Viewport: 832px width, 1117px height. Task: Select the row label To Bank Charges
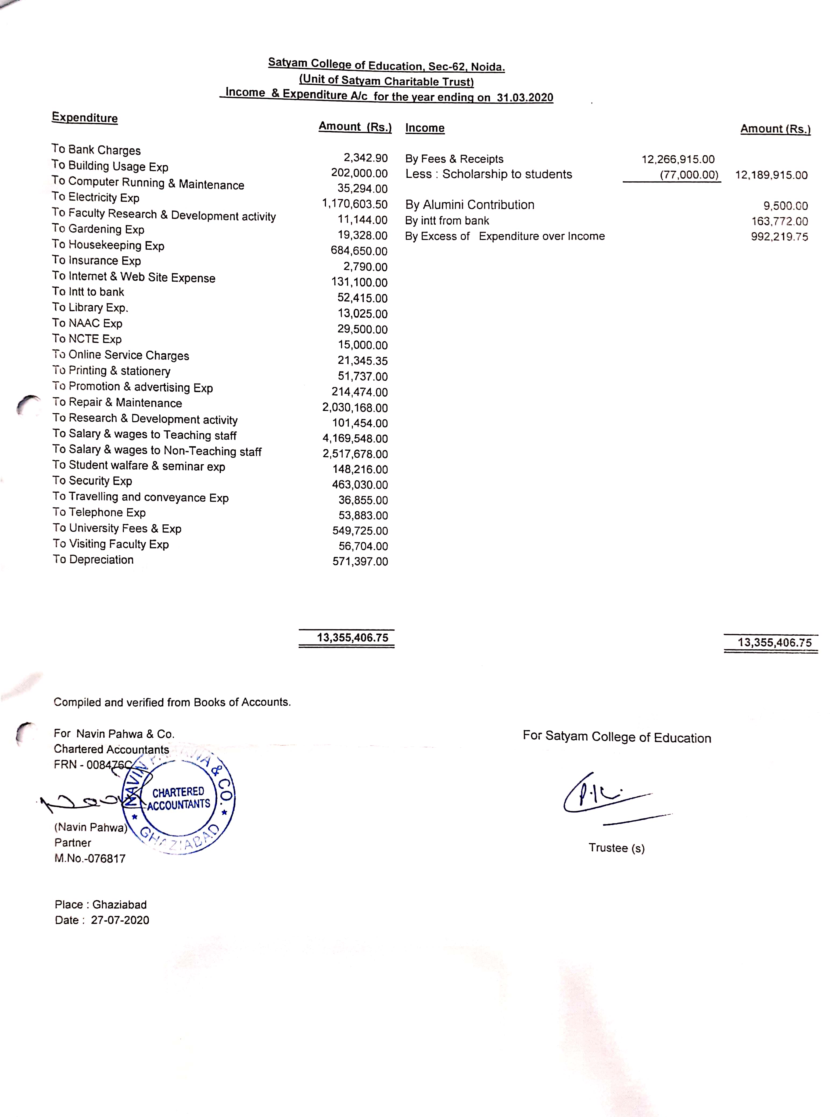point(96,150)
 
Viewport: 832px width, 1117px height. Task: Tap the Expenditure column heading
point(85,117)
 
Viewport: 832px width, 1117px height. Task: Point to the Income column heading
point(425,128)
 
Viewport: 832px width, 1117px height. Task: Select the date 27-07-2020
point(120,920)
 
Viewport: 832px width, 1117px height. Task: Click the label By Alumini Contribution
point(469,205)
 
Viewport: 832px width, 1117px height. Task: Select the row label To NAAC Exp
point(87,323)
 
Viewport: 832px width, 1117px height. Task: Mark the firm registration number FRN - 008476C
point(93,764)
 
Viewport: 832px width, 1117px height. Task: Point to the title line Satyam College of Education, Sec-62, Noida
point(386,65)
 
